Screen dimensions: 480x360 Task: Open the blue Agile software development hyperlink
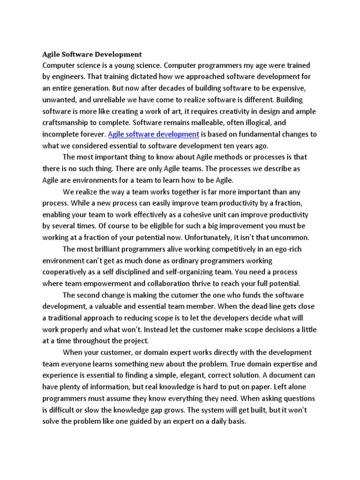(154, 135)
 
